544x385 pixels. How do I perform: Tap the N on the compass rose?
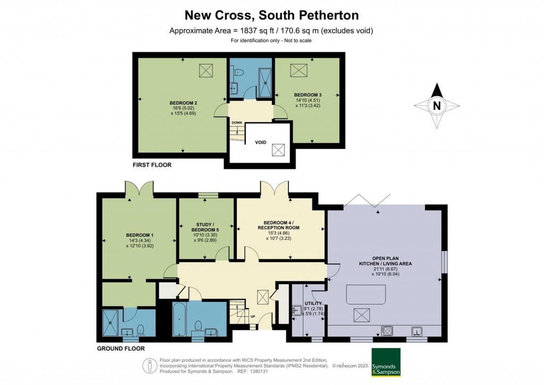437,105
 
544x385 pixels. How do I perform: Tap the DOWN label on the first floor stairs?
236,122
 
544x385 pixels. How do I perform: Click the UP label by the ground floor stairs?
252,317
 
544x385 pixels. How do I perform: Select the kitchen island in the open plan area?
365,294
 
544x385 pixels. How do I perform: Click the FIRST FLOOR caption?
152,165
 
